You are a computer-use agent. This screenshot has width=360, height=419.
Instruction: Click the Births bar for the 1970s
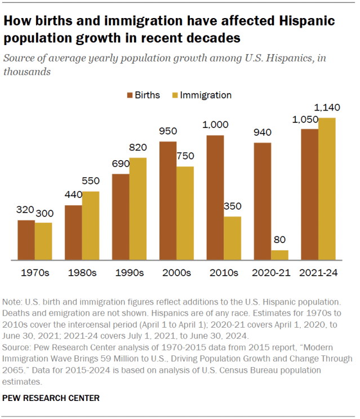tap(26, 240)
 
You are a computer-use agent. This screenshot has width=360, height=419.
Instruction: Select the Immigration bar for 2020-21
tap(279, 255)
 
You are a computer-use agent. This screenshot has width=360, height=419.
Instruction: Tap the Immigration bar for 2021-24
tap(327, 189)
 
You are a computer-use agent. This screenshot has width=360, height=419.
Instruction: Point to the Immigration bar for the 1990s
tap(138, 209)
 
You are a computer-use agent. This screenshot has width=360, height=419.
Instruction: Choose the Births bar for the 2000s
tap(167, 201)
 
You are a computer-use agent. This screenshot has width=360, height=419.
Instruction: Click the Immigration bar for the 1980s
tap(91, 226)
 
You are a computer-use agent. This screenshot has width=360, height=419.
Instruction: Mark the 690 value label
tap(120, 164)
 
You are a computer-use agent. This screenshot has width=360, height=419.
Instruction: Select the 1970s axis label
tap(35, 272)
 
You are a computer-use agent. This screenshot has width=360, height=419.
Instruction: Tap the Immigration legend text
tap(206, 95)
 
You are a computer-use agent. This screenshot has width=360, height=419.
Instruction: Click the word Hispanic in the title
tap(300, 21)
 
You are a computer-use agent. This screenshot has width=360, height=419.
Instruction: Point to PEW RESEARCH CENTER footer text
tap(51, 398)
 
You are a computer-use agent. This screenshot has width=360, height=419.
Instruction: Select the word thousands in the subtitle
tap(27, 72)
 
